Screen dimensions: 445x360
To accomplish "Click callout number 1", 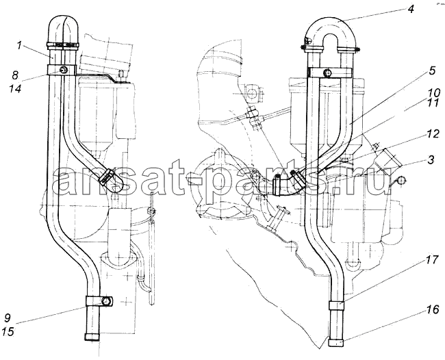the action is point(19,45).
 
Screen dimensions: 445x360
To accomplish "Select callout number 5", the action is point(432,70).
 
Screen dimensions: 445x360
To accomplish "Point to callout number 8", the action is point(14,75).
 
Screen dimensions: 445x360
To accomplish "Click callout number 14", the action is point(14,89).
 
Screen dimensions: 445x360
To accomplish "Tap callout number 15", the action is point(8,331).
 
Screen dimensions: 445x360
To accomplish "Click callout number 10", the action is point(434,93).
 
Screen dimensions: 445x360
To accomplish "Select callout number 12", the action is point(433,134).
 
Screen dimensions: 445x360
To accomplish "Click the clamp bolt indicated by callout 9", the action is point(106,301).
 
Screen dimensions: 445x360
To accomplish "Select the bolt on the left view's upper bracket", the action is point(63,70).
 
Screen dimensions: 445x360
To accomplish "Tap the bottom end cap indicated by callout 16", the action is point(337,342).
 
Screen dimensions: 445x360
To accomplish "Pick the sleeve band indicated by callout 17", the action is point(337,305).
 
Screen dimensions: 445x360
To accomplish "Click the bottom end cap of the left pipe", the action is point(92,337).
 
